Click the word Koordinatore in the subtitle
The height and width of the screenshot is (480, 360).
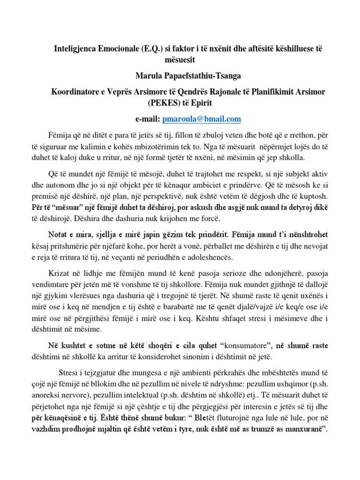(75, 90)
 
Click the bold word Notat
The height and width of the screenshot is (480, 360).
(59, 233)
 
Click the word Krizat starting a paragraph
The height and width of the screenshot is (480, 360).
(60, 273)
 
